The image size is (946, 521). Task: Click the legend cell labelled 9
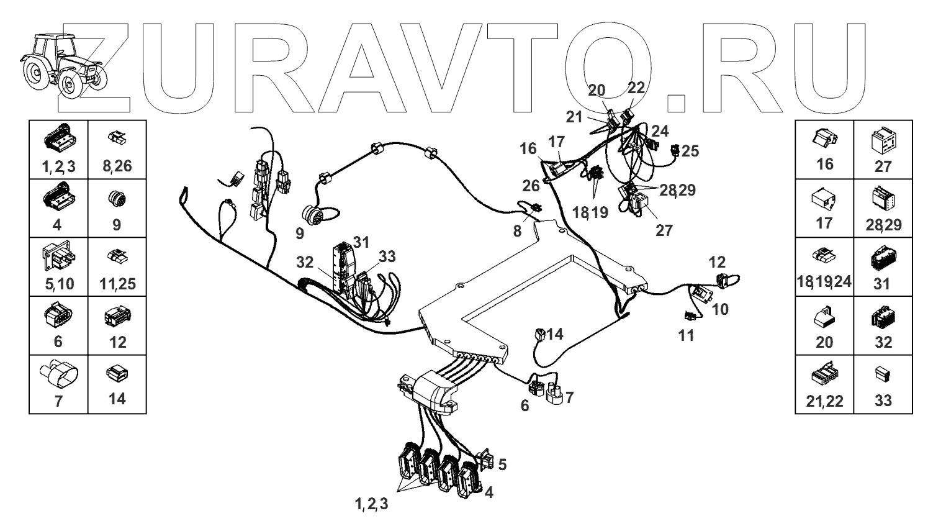click(117, 208)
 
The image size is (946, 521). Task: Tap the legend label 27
click(882, 166)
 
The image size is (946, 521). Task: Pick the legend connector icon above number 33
click(882, 374)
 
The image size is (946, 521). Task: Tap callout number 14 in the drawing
click(554, 334)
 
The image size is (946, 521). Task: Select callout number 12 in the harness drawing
click(717, 262)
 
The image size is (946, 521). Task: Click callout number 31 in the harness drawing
click(361, 240)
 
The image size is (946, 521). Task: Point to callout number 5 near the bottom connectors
click(502, 463)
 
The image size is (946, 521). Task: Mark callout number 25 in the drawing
click(690, 150)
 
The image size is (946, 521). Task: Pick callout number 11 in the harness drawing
click(685, 336)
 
